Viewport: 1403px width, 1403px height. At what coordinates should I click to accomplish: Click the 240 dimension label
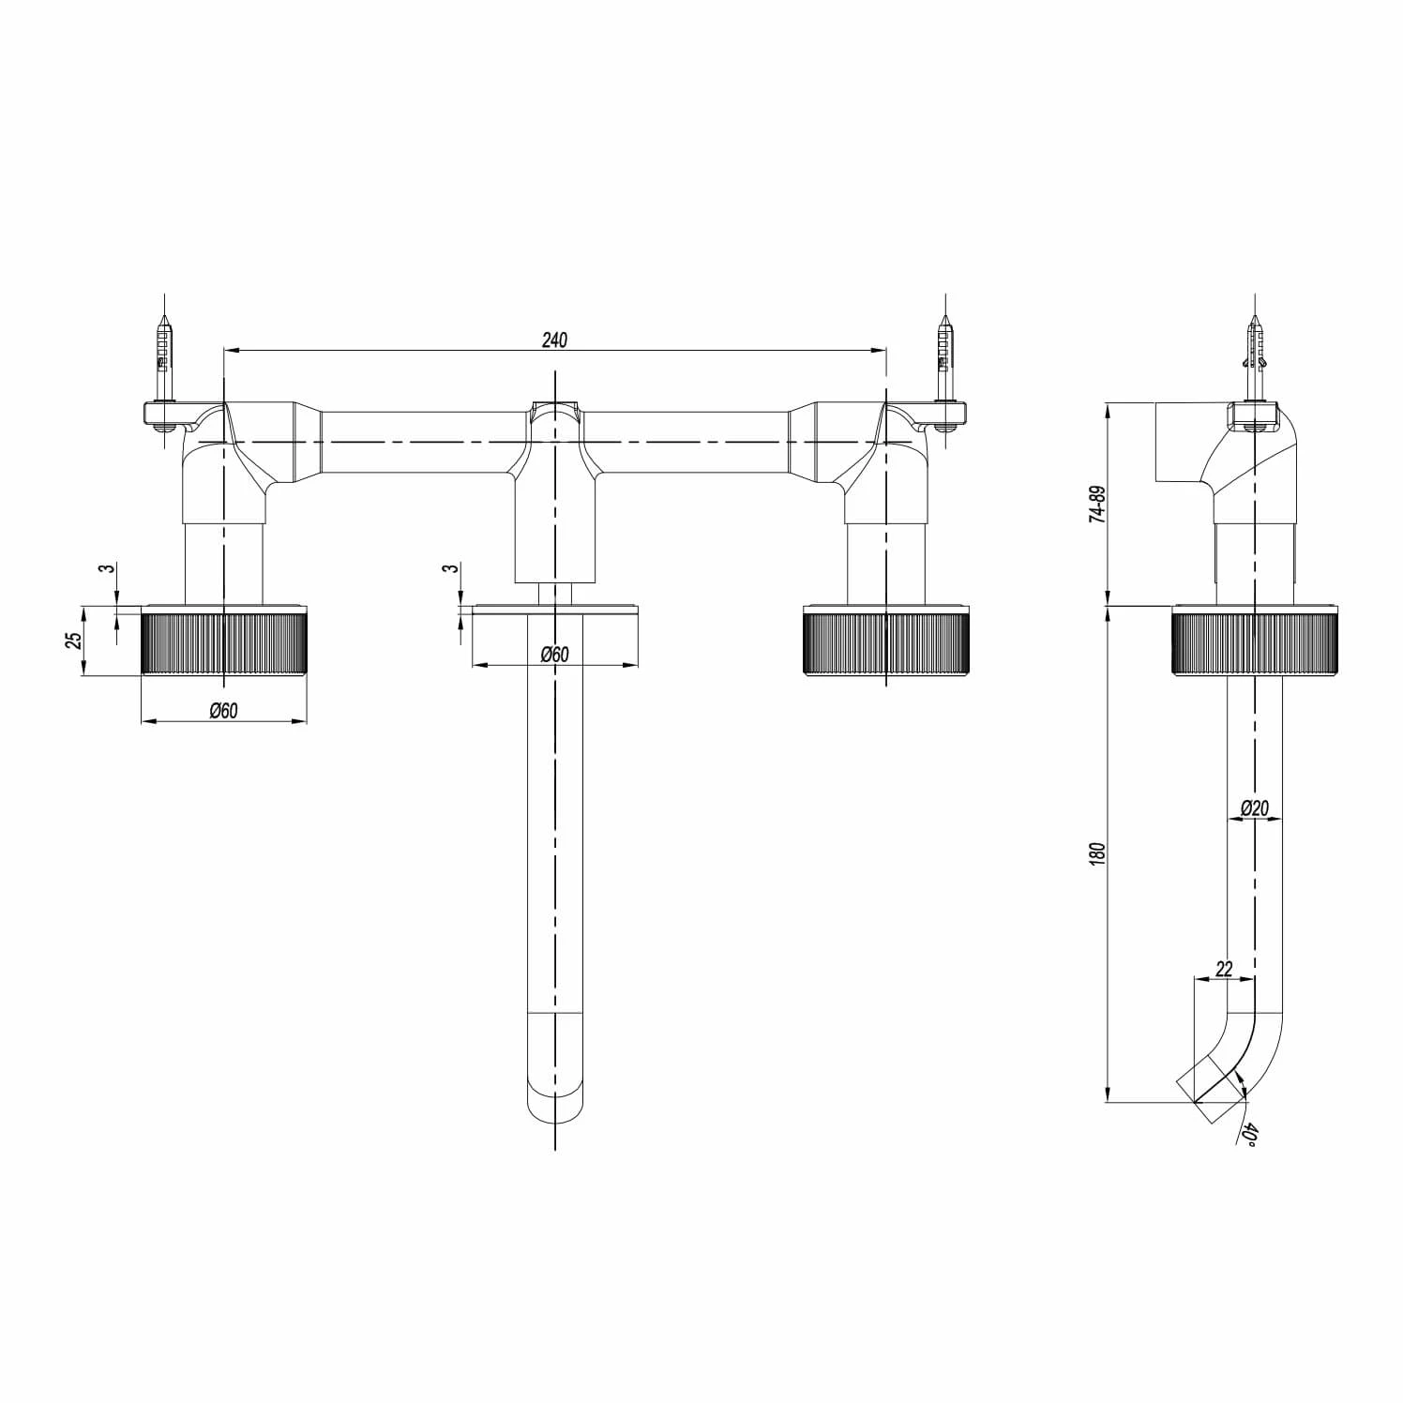pyautogui.click(x=554, y=339)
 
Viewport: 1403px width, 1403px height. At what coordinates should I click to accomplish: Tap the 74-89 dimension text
pyautogui.click(x=1098, y=504)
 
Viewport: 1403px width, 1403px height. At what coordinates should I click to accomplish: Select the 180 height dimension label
pyautogui.click(x=1098, y=853)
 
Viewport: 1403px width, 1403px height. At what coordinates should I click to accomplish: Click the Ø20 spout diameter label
pyautogui.click(x=1254, y=807)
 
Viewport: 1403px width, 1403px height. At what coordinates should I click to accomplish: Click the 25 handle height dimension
pyautogui.click(x=74, y=641)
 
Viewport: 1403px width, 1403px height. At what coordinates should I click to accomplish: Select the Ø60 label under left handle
pyautogui.click(x=223, y=711)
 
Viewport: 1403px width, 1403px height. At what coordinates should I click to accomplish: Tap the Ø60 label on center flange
pyautogui.click(x=554, y=655)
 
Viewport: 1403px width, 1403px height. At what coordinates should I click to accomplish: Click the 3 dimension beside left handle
pyautogui.click(x=109, y=568)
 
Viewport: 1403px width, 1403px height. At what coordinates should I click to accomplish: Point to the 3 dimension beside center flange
pyautogui.click(x=452, y=568)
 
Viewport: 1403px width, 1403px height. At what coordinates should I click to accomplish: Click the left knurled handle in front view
pyautogui.click(x=224, y=641)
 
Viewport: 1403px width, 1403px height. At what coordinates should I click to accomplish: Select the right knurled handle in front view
pyautogui.click(x=885, y=641)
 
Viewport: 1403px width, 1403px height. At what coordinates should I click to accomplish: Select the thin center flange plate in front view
pyautogui.click(x=554, y=609)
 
